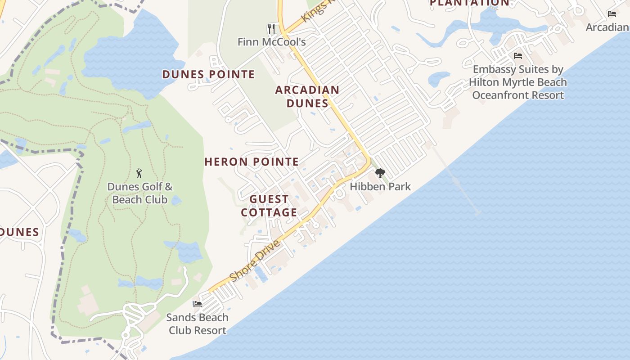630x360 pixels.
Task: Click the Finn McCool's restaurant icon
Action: [x=271, y=29]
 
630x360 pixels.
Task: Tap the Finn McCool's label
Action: [x=272, y=42]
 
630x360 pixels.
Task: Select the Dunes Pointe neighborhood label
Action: [x=208, y=74]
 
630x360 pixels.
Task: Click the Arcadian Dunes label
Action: [x=307, y=96]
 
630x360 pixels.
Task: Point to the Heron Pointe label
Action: [x=252, y=162]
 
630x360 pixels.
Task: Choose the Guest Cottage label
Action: [x=269, y=206]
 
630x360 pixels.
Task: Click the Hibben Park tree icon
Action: [x=380, y=173]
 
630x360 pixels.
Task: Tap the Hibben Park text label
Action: [x=380, y=186]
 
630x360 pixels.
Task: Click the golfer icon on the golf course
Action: [x=139, y=173]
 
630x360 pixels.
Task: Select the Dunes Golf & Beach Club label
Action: [x=139, y=193]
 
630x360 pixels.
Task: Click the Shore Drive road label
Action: [x=255, y=261]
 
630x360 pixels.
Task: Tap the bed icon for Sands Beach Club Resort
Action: [x=197, y=304]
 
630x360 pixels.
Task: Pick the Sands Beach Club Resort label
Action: [x=197, y=324]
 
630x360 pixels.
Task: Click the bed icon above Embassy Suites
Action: [x=518, y=56]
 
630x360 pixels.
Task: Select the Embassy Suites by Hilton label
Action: [x=517, y=82]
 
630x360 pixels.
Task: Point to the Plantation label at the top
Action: [x=469, y=3]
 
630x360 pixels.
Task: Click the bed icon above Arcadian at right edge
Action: [x=612, y=14]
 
